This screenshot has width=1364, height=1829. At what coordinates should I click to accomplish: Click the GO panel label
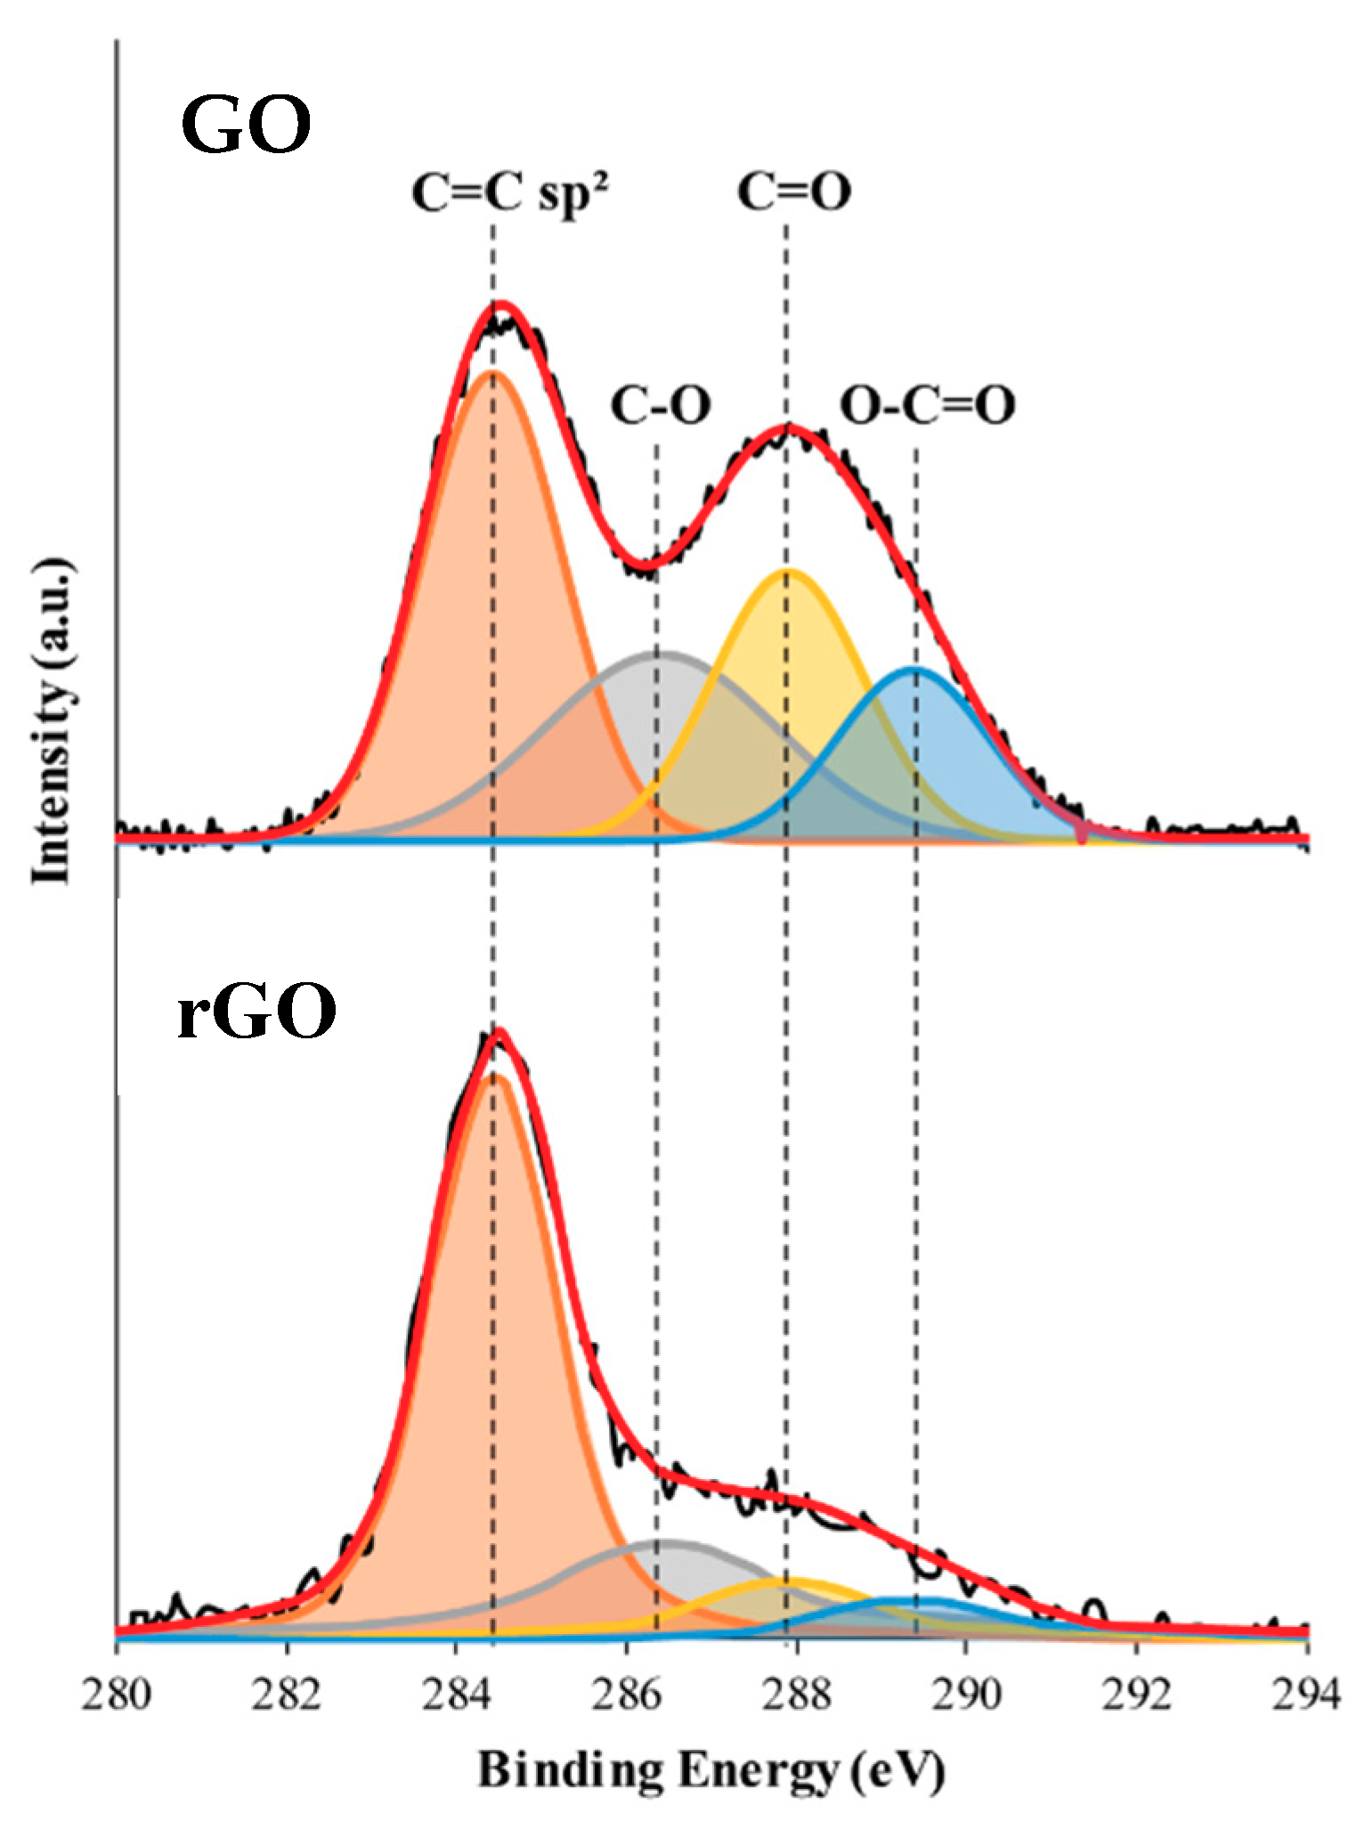(246, 126)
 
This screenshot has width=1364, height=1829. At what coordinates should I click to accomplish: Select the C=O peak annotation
(794, 191)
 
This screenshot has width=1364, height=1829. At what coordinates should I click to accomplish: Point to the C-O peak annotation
(661, 406)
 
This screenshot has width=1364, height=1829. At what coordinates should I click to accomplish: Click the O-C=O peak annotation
(928, 407)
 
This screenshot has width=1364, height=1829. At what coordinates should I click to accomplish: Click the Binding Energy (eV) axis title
(710, 1770)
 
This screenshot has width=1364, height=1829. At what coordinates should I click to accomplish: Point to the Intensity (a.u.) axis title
(51, 721)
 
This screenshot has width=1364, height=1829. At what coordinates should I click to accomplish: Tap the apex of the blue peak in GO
(913, 668)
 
